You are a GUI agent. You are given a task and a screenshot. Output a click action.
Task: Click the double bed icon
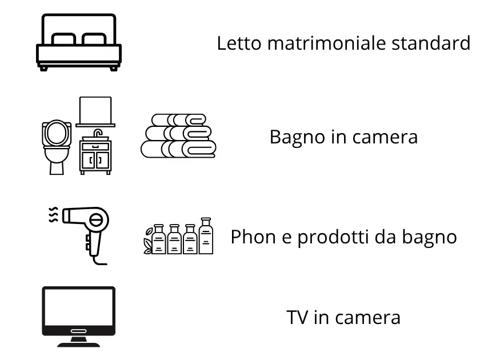click(x=79, y=42)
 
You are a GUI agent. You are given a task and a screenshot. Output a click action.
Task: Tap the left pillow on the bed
click(x=63, y=39)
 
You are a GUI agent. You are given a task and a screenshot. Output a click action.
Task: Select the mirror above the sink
click(x=95, y=110)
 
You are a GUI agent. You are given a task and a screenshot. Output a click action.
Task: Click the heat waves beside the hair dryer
click(x=53, y=215)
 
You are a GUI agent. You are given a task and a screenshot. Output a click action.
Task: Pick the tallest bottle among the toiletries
click(x=206, y=235)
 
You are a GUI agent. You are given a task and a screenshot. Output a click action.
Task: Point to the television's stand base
click(x=79, y=341)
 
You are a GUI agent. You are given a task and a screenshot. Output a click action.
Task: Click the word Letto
click(x=236, y=43)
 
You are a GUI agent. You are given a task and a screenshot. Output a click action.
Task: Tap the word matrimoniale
click(x=324, y=43)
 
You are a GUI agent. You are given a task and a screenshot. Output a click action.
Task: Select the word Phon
click(x=250, y=237)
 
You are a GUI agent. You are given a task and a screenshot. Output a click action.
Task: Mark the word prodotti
click(x=331, y=237)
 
